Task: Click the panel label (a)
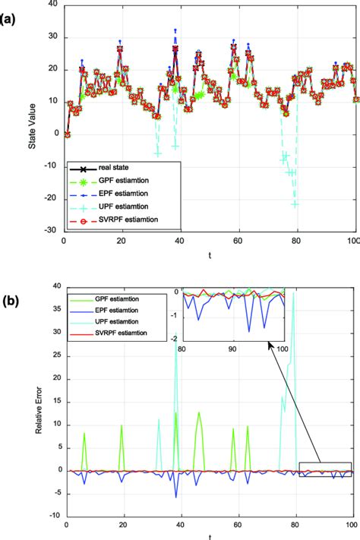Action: [13, 13]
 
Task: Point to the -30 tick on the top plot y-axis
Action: [53, 231]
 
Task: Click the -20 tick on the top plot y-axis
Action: [53, 198]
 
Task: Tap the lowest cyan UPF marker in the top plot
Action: [295, 204]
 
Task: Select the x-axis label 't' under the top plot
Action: [208, 255]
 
